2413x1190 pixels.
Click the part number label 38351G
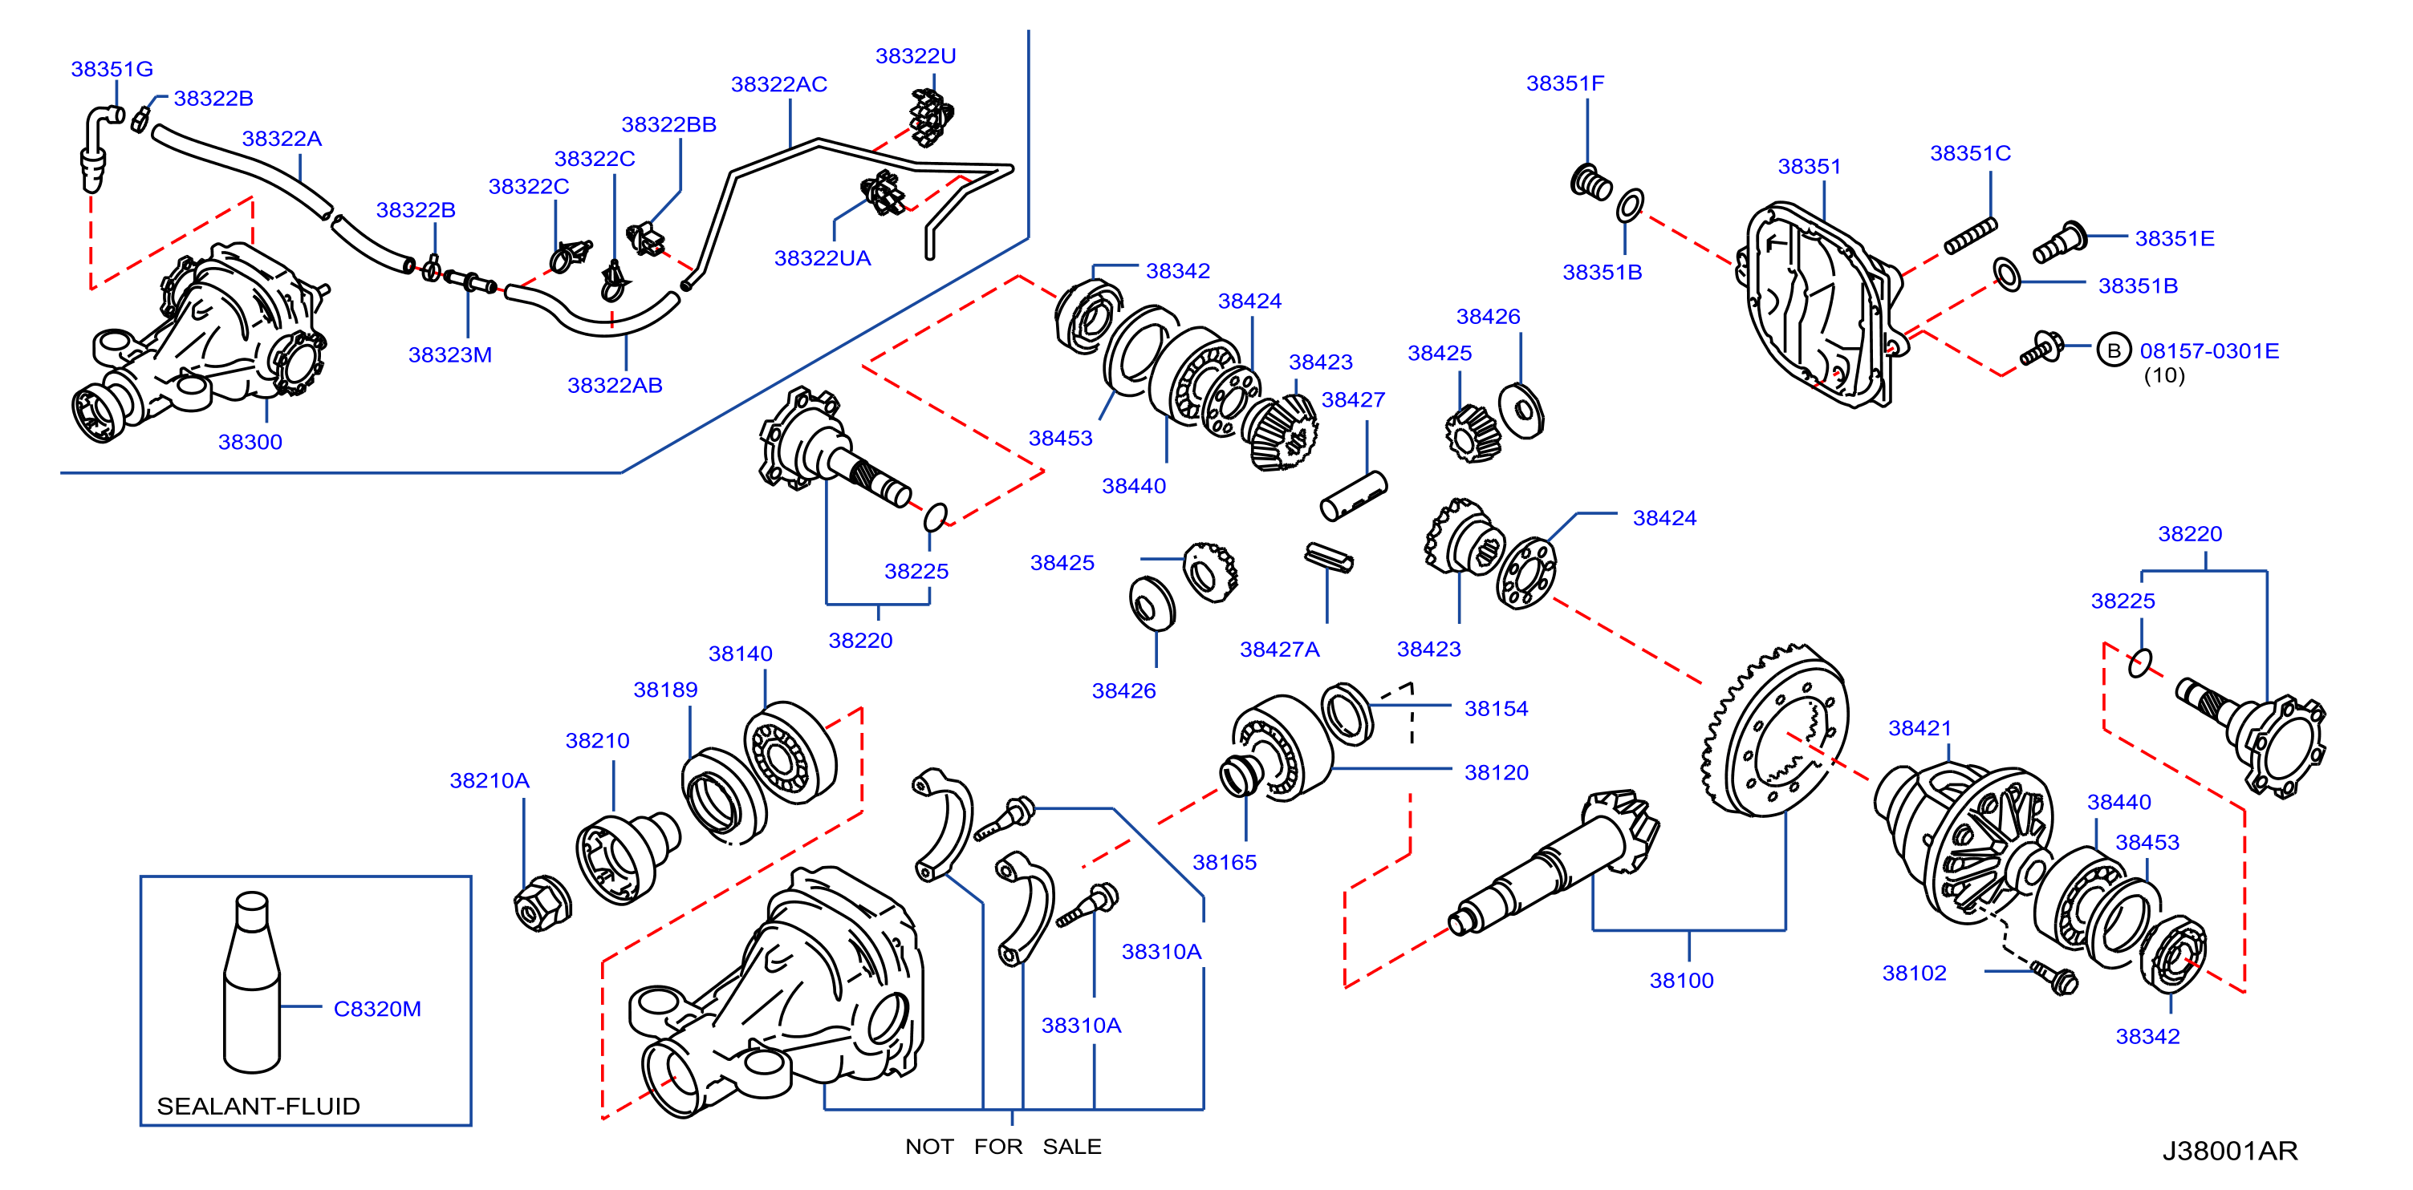tap(112, 68)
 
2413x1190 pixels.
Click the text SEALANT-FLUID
tap(258, 1106)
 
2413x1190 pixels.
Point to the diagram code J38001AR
tap(2229, 1151)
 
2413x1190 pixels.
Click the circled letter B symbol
tap(2113, 350)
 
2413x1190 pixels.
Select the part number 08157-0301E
tap(2210, 351)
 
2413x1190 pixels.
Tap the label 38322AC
tap(779, 84)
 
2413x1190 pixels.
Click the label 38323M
tap(449, 355)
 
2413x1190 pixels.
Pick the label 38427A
tap(1280, 649)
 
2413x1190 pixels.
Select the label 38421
tap(1919, 727)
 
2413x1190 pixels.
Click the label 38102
tap(1915, 973)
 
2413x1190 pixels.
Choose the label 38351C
tap(1970, 152)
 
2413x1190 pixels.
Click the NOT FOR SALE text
tap(1003, 1146)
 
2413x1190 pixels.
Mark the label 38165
tap(1225, 862)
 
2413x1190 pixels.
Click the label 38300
tap(250, 442)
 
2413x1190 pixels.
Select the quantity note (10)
tap(2163, 375)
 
